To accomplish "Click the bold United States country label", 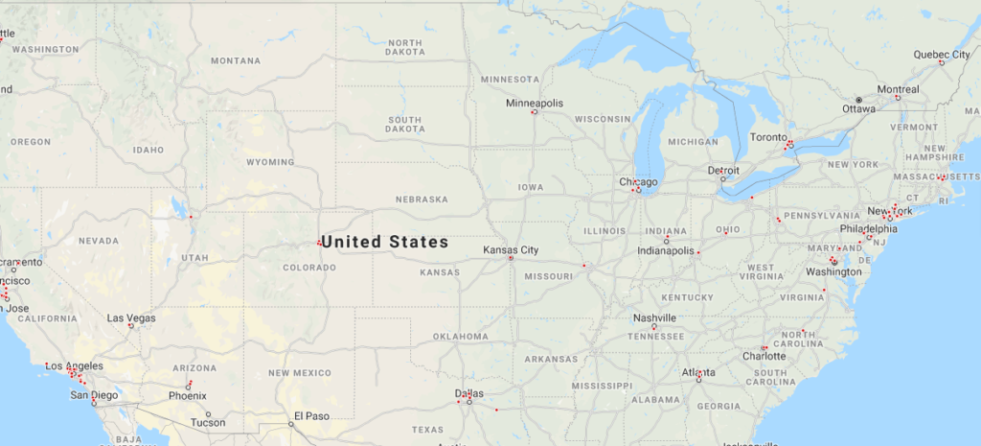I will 385,243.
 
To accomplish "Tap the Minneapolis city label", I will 535,103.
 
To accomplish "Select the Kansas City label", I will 511,250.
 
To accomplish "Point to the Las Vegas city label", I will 131,317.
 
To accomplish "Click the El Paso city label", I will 311,415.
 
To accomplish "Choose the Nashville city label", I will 655,317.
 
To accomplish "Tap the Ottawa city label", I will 859,108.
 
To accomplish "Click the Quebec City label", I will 942,55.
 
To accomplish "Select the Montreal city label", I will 898,89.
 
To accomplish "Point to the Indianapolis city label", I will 666,250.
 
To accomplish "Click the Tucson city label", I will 208,422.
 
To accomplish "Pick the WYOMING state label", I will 270,162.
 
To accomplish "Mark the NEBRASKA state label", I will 422,200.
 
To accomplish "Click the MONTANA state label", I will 236,60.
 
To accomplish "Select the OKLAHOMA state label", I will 460,337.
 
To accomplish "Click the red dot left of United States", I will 318,243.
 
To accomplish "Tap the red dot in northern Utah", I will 191,217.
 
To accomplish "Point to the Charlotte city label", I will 764,356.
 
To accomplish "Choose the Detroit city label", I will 723,170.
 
